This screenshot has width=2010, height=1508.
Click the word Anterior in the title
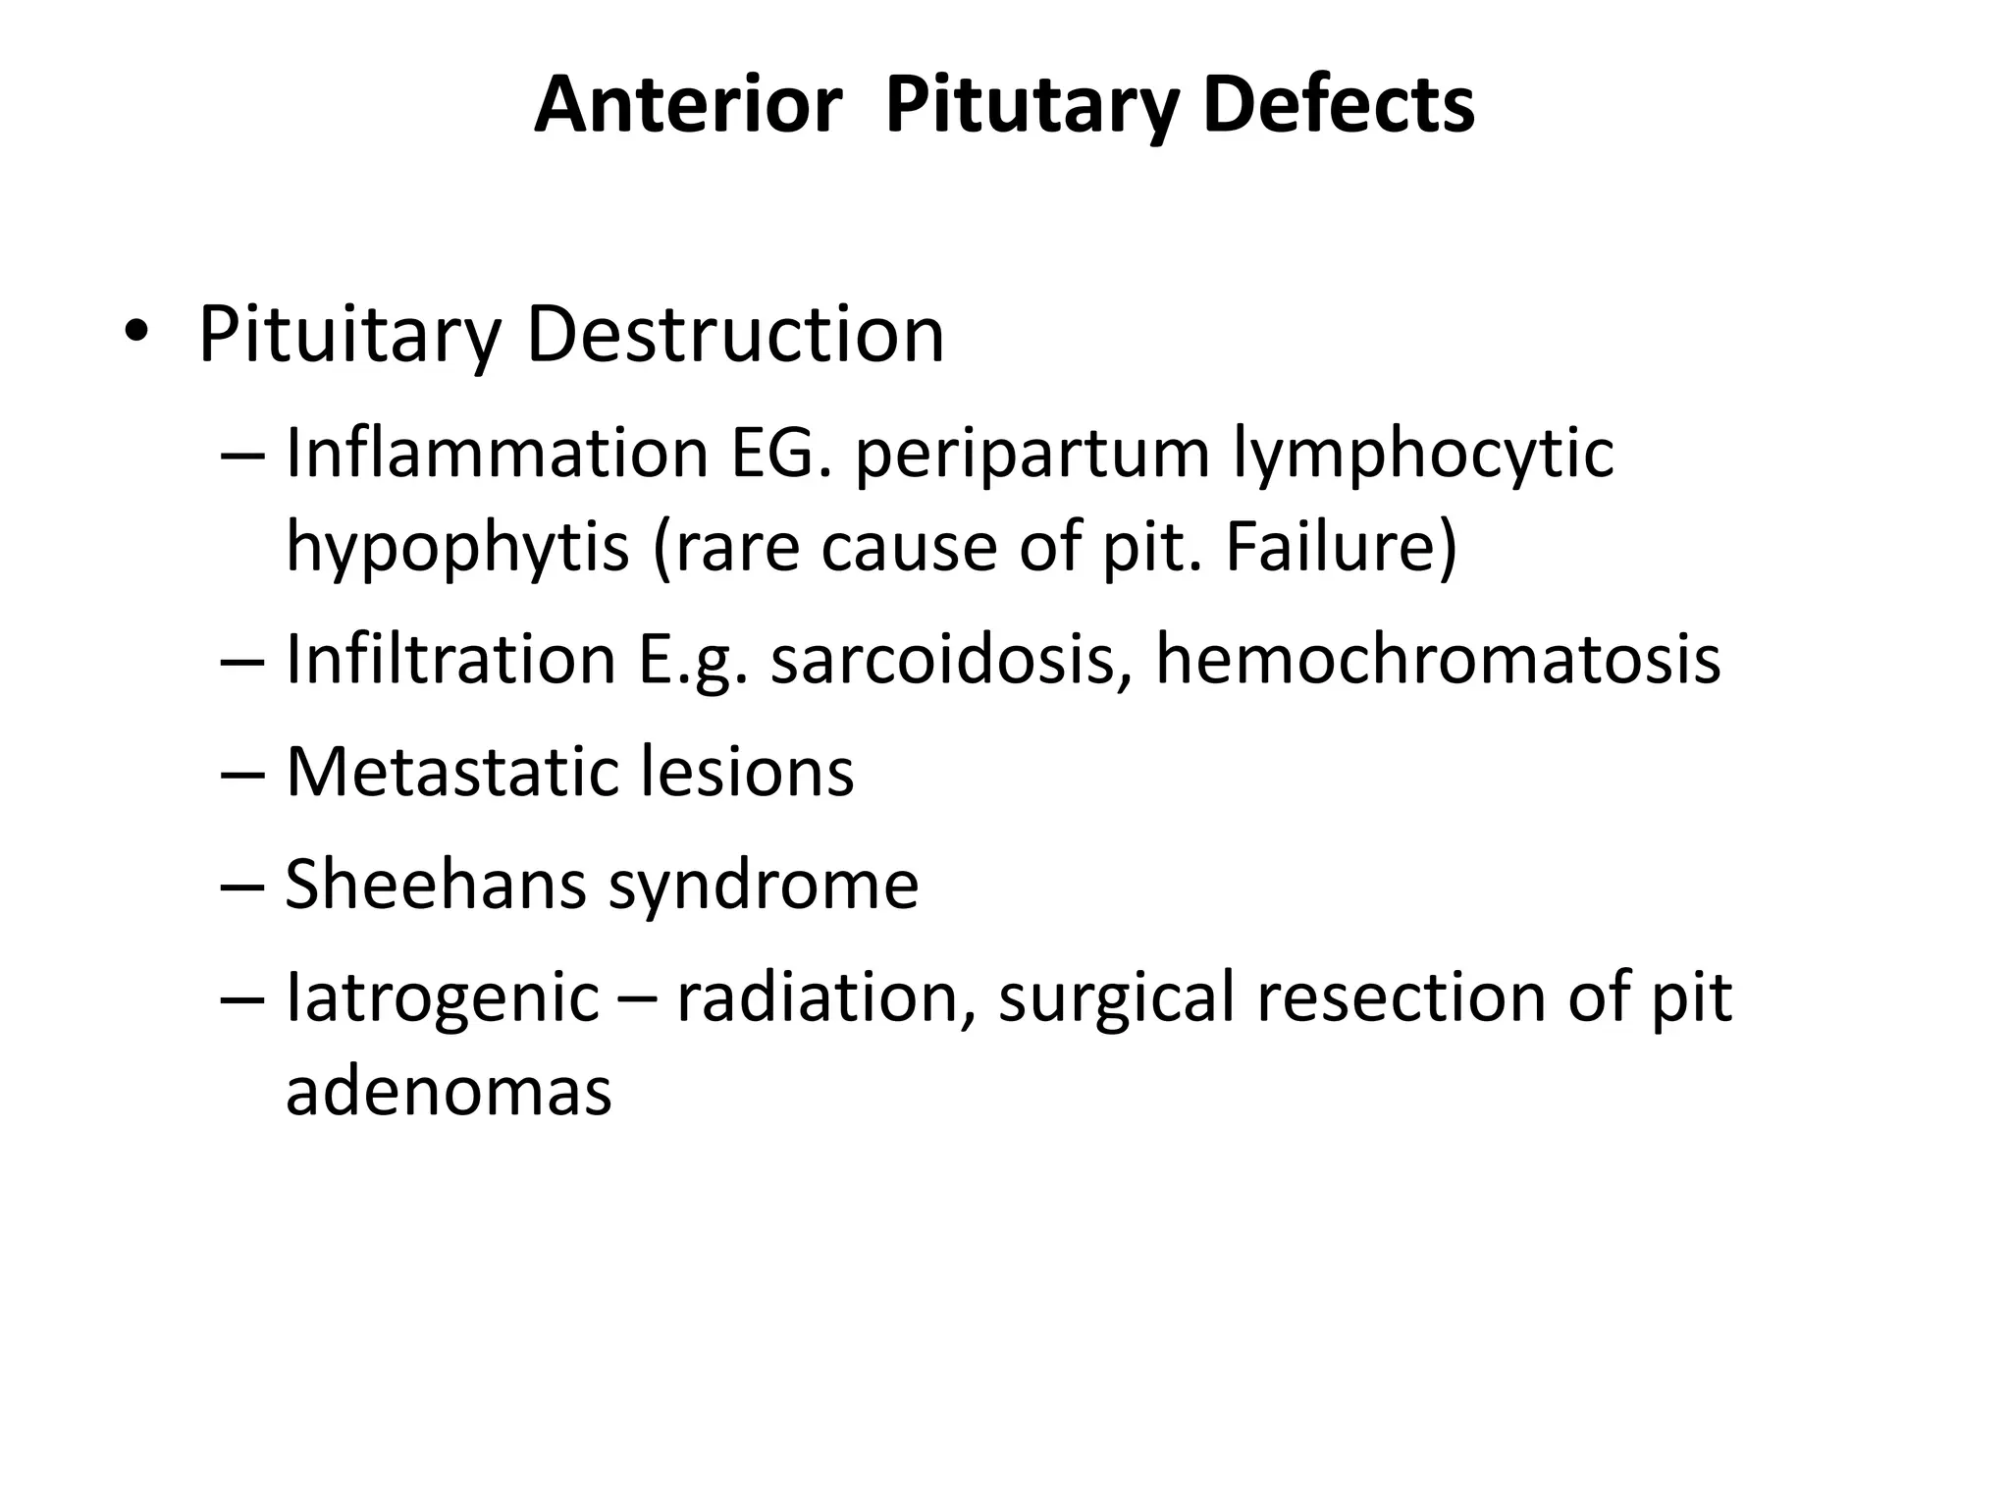tap(687, 105)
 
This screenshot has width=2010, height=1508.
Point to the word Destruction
tap(735, 334)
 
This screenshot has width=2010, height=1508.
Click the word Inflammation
tap(497, 454)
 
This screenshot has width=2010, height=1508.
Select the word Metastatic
tap(451, 772)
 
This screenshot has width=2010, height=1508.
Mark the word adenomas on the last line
tap(449, 1090)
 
